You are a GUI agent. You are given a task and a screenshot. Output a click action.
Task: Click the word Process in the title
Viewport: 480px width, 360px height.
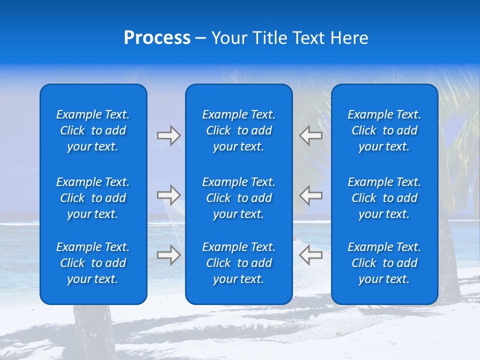[157, 38]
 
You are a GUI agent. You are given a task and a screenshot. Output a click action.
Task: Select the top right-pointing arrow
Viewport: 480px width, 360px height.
[168, 135]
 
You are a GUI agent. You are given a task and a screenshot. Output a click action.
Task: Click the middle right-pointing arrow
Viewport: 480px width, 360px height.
[168, 195]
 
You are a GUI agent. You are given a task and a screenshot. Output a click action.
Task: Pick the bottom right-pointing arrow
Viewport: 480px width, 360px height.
[168, 255]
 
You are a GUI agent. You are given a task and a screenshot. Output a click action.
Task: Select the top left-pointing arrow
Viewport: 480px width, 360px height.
[310, 135]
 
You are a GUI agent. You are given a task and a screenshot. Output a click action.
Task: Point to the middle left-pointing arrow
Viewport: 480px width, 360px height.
[310, 195]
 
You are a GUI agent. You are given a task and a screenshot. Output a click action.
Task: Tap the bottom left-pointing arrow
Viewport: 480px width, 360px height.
[310, 255]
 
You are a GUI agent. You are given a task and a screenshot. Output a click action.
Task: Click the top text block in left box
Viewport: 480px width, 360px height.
[93, 130]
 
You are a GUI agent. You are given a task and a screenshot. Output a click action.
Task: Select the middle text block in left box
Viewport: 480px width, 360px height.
[93, 198]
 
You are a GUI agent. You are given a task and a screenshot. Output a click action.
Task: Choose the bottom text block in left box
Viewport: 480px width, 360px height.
[93, 263]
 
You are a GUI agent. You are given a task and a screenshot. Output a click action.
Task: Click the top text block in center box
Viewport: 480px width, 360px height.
[238, 130]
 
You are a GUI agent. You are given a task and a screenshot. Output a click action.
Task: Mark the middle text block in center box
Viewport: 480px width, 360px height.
[238, 198]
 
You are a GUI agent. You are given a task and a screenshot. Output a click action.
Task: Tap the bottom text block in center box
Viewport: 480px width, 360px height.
[238, 263]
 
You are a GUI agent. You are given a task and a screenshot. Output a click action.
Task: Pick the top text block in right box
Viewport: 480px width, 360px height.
[384, 130]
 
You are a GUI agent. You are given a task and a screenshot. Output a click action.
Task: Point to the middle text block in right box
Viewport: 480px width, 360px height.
[384, 198]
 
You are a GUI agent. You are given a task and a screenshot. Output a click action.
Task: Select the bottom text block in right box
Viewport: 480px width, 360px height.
[384, 263]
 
